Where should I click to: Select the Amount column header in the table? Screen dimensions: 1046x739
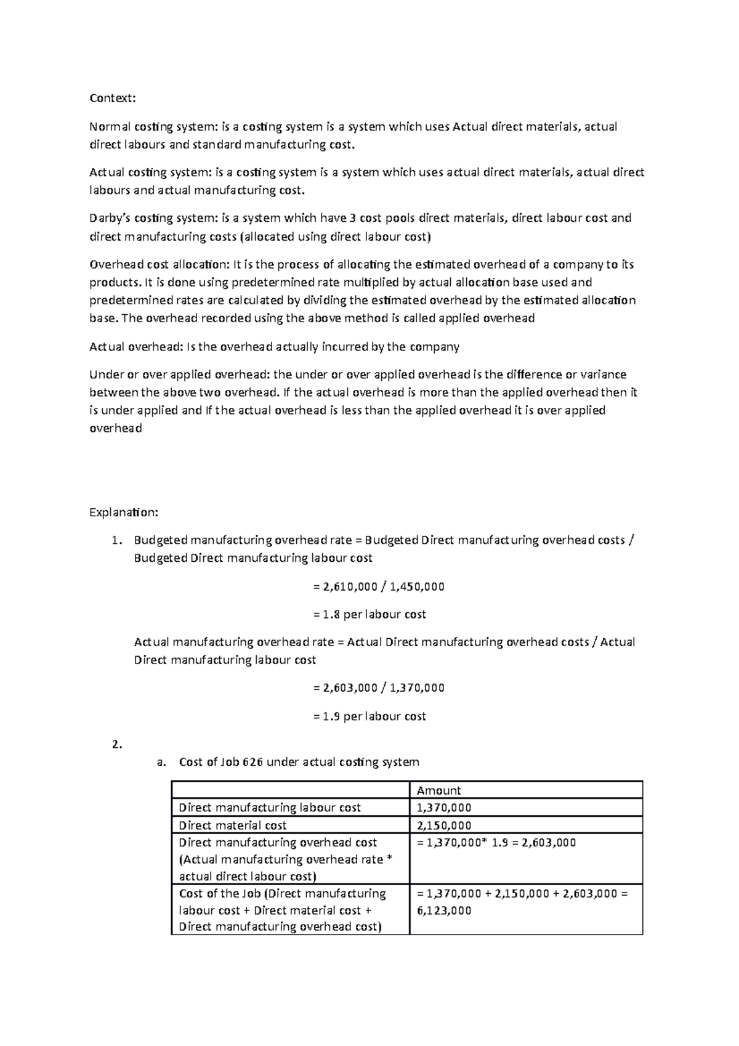point(438,790)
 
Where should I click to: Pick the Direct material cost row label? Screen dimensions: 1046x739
point(232,825)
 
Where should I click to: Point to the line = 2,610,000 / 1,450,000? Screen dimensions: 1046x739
point(378,586)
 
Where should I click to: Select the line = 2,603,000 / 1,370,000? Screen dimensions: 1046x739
point(378,687)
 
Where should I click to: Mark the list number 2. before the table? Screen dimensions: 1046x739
point(116,744)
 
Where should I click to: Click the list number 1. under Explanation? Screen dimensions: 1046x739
point(116,540)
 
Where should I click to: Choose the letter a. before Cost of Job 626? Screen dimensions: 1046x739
point(161,762)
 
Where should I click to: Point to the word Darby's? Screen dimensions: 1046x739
point(110,218)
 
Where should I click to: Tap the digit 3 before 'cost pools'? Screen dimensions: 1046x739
point(353,218)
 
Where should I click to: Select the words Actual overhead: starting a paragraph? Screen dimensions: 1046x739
point(133,347)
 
